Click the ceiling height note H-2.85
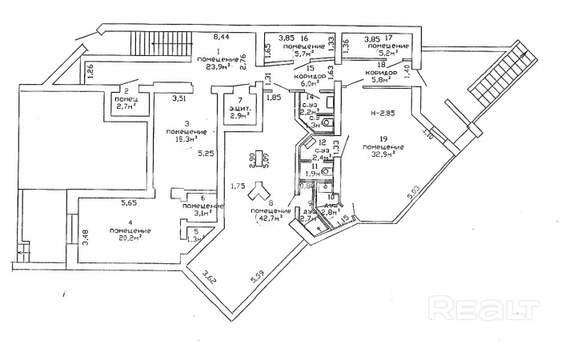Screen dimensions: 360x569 point(381,115)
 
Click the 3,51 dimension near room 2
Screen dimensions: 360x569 point(182,98)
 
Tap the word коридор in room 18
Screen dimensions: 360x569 point(381,73)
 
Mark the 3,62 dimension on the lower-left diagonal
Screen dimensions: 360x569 point(209,277)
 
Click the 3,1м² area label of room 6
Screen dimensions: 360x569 point(194,213)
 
